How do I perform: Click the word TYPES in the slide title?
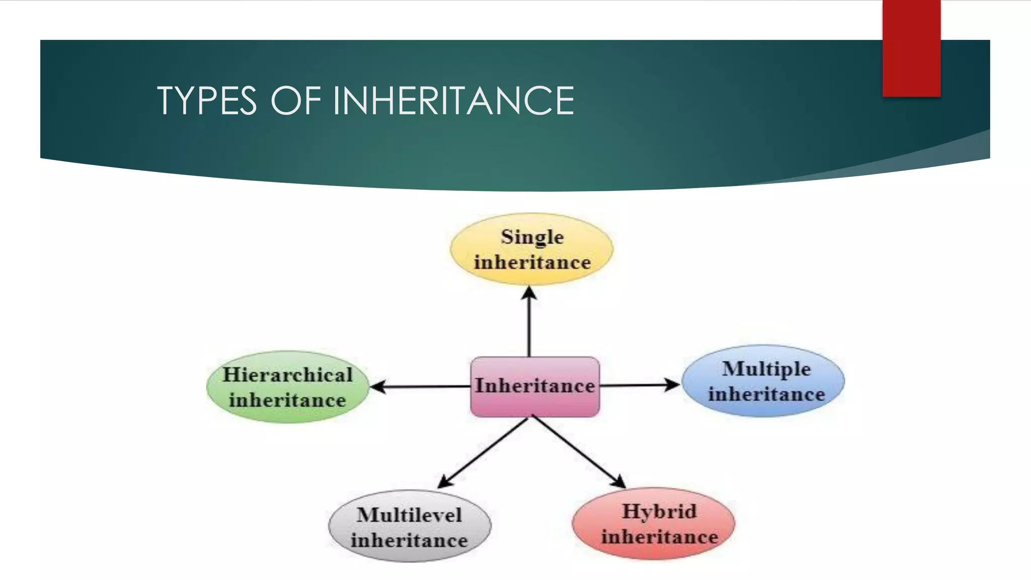click(x=207, y=101)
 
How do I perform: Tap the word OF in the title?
click(x=296, y=101)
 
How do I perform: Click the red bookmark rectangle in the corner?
click(x=911, y=48)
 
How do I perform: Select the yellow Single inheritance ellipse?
click(x=532, y=249)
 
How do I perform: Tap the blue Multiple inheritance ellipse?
click(x=763, y=381)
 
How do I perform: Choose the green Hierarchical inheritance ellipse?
click(x=287, y=387)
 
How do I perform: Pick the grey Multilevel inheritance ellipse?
click(x=409, y=527)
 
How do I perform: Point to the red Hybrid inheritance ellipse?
click(x=653, y=524)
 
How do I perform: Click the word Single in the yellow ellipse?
click(x=532, y=237)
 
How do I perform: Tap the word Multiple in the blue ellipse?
click(x=766, y=369)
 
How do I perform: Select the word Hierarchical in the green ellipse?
click(x=287, y=375)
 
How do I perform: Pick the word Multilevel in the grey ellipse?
click(x=409, y=515)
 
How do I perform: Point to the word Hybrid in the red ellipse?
click(x=659, y=512)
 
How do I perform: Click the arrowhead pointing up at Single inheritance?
click(x=529, y=293)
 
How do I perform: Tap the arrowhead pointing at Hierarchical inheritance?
click(x=378, y=387)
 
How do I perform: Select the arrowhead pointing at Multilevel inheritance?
click(x=445, y=481)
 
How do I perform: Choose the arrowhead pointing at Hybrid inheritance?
click(x=619, y=481)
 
